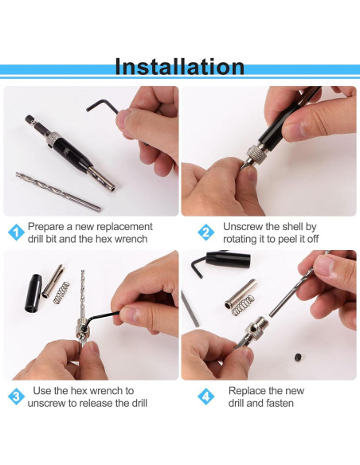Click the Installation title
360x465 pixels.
(179, 67)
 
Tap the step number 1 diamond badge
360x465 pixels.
(16, 232)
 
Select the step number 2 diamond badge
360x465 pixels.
(206, 232)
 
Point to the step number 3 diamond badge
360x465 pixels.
(16, 397)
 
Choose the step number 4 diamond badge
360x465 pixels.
(206, 397)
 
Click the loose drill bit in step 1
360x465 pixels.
(58, 192)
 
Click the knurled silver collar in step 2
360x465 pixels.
(256, 154)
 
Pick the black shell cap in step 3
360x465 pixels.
(33, 294)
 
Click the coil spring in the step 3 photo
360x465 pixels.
(61, 293)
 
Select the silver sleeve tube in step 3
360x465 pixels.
(53, 281)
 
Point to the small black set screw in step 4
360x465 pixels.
(299, 357)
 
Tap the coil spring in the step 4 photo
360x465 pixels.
(243, 306)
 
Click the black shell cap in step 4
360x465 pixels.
(228, 260)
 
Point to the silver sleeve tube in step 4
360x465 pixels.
(241, 294)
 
